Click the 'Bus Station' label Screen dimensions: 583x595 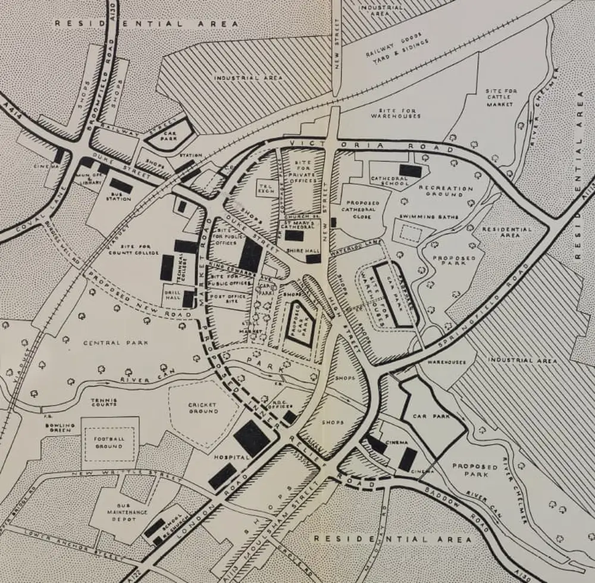tap(119, 196)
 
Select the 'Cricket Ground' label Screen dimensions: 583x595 tap(203, 408)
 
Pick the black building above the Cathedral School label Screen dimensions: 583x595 tap(410, 170)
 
